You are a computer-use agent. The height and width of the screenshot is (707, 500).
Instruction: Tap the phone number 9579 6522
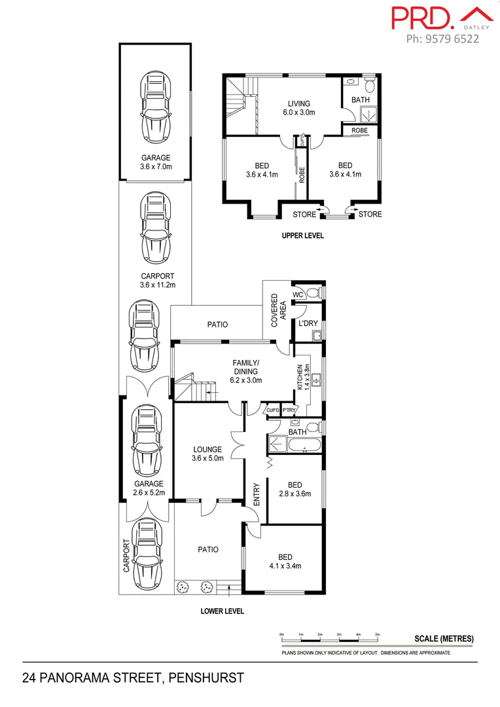[442, 39]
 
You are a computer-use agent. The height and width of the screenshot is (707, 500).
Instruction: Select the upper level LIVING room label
[298, 107]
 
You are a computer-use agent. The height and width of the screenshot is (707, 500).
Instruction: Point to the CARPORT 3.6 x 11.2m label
[157, 280]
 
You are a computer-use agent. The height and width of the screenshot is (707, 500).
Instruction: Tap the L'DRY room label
[308, 323]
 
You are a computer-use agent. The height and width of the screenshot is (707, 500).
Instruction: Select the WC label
[298, 295]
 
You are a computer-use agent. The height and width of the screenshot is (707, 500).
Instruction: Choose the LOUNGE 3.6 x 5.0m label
[207, 454]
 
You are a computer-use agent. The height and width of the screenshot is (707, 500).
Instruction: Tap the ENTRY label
[257, 494]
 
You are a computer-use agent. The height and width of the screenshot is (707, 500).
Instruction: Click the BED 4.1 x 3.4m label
[285, 561]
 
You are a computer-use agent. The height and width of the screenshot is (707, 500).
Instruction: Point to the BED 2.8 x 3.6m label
[294, 489]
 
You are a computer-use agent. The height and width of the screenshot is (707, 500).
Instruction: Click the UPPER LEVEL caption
[302, 236]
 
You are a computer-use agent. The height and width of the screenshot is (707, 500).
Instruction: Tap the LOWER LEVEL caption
[222, 611]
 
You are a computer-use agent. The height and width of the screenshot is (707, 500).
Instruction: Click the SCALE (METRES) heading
[444, 639]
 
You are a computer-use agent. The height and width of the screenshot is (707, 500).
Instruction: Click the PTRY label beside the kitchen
[289, 410]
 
